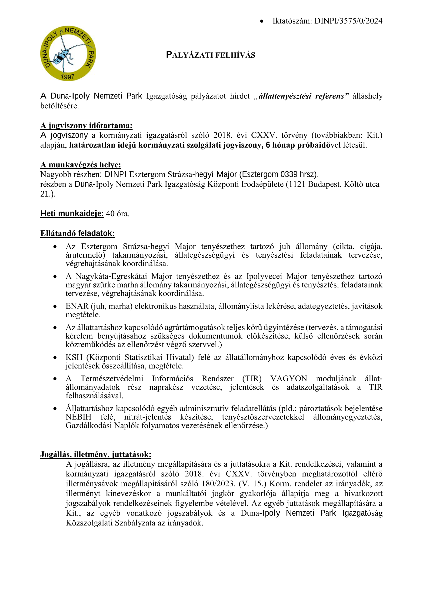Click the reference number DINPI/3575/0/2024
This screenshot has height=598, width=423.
pos(348,21)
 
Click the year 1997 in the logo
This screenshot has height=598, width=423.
pos(67,76)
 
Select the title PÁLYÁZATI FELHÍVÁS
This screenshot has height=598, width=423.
pos(210,55)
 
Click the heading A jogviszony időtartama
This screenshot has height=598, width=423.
pos(86,126)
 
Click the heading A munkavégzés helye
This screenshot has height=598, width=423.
pos(80,165)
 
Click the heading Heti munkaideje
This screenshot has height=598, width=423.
pos(72,214)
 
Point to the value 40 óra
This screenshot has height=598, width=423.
pos(118,214)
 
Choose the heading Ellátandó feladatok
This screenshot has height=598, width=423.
pos(77,233)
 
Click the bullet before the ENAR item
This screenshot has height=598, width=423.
pos(55,306)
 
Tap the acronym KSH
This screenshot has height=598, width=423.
pos(74,357)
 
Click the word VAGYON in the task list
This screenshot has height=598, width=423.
pos(289,379)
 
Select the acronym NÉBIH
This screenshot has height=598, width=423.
pos(78,417)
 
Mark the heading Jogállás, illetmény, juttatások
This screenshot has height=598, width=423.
pos(96,455)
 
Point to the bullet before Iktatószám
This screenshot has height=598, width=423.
pos(262,21)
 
